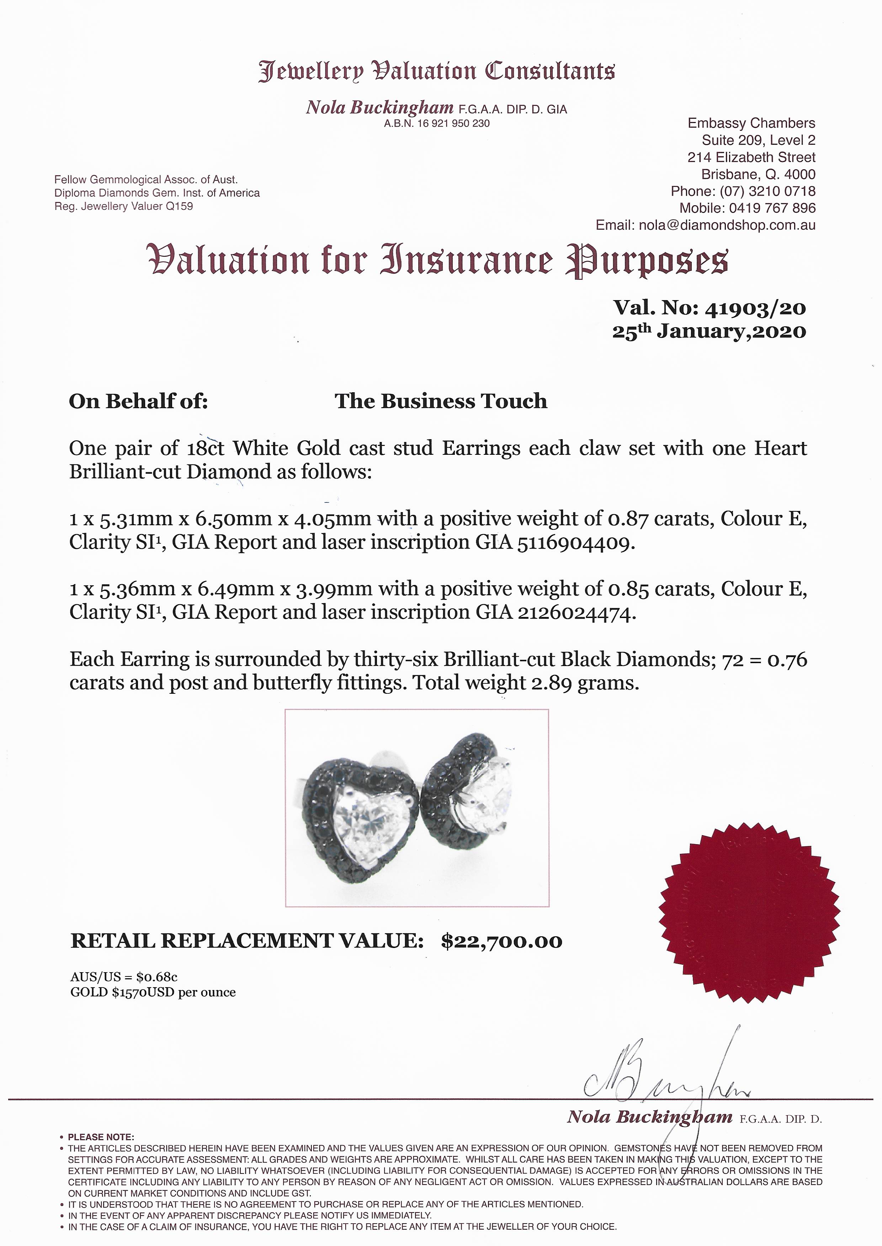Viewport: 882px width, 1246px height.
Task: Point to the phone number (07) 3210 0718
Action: pyautogui.click(x=767, y=191)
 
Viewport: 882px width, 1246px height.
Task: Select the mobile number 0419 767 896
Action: pyautogui.click(x=772, y=208)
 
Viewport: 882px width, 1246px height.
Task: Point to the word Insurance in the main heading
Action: pyautogui.click(x=467, y=261)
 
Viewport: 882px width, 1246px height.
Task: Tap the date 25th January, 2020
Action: pyautogui.click(x=709, y=331)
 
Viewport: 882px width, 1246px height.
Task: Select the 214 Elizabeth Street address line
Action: pyautogui.click(x=751, y=158)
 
